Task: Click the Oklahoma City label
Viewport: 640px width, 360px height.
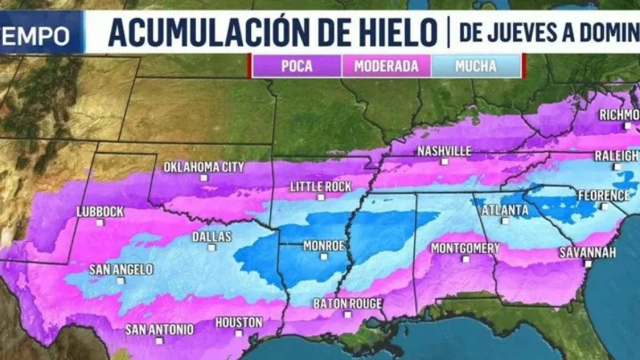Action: tap(204, 167)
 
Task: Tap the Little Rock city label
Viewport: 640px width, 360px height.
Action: tap(321, 187)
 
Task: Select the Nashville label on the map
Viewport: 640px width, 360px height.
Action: tap(444, 151)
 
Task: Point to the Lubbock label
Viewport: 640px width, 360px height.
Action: tap(100, 212)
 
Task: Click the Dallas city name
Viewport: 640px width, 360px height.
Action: tap(212, 236)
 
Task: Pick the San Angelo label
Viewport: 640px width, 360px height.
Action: tap(121, 269)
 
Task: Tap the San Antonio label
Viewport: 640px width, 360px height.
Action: tap(159, 330)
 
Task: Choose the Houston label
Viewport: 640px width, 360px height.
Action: tap(238, 323)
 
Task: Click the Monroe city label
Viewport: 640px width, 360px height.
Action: tap(324, 246)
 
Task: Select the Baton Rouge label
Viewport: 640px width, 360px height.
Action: tap(347, 303)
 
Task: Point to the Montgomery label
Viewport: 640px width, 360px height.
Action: tap(465, 248)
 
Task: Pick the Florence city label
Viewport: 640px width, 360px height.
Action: tap(604, 195)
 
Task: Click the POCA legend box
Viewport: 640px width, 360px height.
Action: tap(297, 66)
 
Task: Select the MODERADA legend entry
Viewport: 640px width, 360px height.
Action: tap(386, 66)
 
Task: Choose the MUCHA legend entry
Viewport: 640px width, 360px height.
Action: tap(476, 66)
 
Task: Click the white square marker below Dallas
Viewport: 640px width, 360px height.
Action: tap(212, 247)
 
